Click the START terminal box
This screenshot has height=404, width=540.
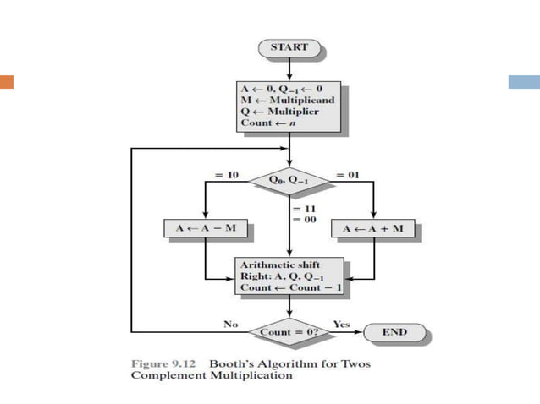289,47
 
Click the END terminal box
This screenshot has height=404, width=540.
394,332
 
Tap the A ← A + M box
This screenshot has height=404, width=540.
373,228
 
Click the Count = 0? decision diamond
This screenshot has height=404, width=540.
289,332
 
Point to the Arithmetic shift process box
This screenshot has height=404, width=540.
289,276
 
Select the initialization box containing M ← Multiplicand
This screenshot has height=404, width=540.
289,105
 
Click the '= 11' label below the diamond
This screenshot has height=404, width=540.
304,207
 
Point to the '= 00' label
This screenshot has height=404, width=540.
304,219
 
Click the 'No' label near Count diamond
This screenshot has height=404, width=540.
230,324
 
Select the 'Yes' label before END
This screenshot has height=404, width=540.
341,324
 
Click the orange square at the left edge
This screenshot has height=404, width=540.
7,82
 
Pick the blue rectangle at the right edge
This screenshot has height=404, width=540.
524,82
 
